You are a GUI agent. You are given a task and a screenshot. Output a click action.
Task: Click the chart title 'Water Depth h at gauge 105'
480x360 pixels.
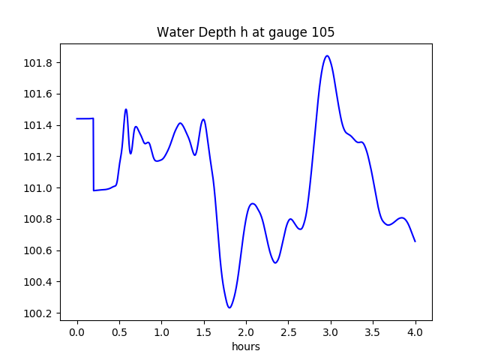tap(245, 33)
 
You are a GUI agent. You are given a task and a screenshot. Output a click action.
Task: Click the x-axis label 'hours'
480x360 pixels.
tap(245, 346)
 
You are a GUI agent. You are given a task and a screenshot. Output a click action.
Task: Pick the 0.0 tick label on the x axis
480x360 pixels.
tap(76, 331)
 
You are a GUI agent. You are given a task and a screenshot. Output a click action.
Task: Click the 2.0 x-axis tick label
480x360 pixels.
tap(246, 331)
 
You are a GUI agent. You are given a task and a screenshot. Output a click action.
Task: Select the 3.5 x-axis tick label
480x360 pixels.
tap(373, 331)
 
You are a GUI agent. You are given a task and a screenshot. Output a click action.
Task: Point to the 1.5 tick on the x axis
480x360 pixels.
tap(203, 331)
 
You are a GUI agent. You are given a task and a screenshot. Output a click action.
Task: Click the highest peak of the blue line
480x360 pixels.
tap(327, 55)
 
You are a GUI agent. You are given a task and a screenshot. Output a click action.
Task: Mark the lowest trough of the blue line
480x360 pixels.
tap(229, 307)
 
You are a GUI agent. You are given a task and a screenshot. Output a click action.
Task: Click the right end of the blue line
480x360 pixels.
tap(415, 241)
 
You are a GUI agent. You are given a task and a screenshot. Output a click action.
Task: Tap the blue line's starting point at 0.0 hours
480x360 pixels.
tap(76, 118)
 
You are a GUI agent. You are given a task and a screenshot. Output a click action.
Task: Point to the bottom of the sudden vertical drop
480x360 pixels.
tap(94, 190)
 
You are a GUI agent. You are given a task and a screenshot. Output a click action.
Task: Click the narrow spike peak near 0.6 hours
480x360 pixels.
tap(126, 109)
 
